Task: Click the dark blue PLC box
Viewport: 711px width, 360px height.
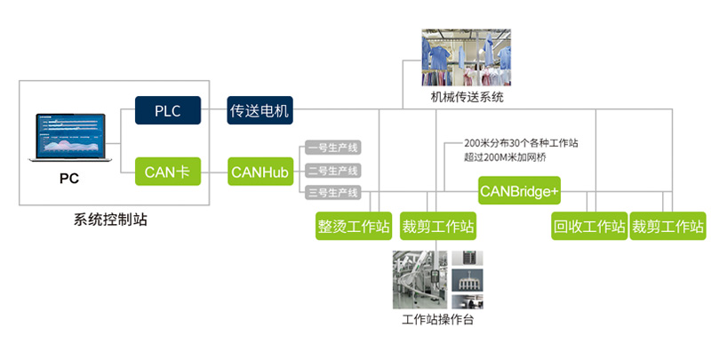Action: [x=168, y=111]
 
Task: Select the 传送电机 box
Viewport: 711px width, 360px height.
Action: [x=260, y=111]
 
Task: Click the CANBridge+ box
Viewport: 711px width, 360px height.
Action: [x=519, y=189]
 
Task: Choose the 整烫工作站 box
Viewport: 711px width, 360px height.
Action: [x=354, y=226]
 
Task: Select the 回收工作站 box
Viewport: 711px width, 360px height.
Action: [x=589, y=226]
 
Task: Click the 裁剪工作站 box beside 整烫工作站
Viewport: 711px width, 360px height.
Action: [x=438, y=226]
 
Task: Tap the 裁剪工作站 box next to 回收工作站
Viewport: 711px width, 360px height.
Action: [x=667, y=226]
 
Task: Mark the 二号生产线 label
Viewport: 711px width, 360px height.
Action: [x=332, y=171]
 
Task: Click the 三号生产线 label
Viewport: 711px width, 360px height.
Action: [x=332, y=192]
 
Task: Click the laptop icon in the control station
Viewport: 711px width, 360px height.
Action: [x=68, y=138]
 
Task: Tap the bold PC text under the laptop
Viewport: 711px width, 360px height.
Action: [x=68, y=179]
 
